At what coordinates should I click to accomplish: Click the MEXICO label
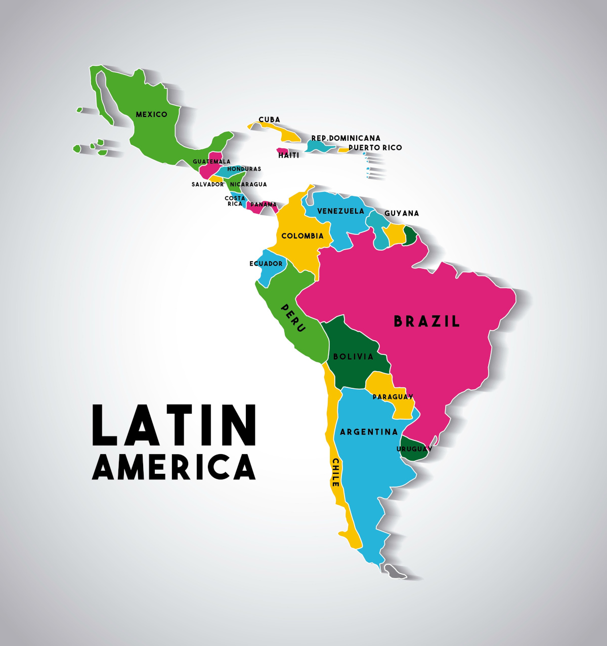click(151, 114)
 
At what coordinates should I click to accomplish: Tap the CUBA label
click(269, 119)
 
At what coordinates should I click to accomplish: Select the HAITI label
click(289, 155)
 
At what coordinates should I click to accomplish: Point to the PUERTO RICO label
click(375, 147)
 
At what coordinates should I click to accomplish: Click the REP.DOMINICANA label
click(345, 138)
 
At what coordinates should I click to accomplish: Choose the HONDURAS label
click(244, 169)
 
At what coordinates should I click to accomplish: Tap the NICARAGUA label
click(248, 184)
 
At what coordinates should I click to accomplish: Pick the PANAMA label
click(264, 205)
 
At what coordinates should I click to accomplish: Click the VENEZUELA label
click(340, 211)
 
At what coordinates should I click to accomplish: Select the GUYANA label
click(402, 213)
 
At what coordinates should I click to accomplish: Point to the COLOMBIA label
click(302, 236)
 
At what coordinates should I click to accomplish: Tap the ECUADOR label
click(266, 264)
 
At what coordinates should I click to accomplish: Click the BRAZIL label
click(427, 321)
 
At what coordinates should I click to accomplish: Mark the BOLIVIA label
click(353, 356)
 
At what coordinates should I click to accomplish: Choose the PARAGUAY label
click(393, 396)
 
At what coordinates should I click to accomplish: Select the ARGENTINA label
click(369, 432)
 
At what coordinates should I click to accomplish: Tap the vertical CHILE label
click(335, 472)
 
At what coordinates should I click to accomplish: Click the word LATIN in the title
click(174, 425)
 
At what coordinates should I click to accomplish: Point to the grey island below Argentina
click(395, 572)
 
